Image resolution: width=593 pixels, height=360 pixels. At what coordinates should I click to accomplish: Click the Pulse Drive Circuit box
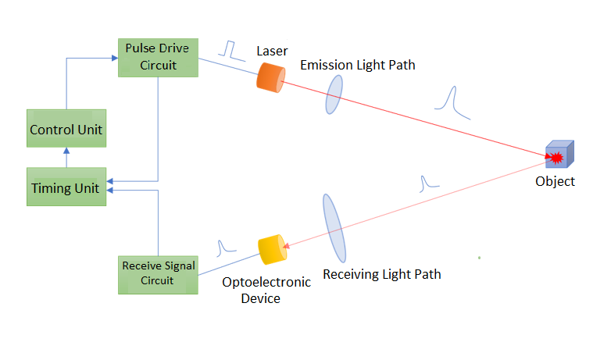point(157,57)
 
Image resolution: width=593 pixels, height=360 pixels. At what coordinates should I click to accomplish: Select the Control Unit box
point(66,128)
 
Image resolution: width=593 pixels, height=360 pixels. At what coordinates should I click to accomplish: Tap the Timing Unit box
point(66,187)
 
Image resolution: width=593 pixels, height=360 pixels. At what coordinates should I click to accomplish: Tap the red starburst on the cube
point(556,159)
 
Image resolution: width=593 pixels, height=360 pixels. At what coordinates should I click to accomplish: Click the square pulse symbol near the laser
point(230,49)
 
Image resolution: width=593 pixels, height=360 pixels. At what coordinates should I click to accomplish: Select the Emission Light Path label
point(358,66)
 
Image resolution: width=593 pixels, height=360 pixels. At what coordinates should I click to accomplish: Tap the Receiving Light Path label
point(382,274)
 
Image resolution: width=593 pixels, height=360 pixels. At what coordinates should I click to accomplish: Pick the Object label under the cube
point(555,181)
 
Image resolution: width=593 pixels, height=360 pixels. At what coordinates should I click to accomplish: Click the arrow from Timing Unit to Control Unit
point(66,157)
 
